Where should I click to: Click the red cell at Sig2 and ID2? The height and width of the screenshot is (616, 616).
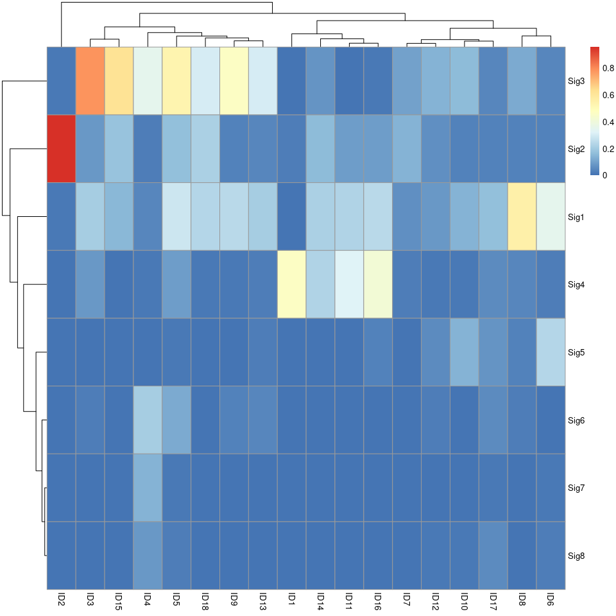click(61, 149)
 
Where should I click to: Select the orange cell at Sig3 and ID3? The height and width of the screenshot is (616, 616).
click(90, 81)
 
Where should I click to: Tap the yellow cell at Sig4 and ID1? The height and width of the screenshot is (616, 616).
click(291, 284)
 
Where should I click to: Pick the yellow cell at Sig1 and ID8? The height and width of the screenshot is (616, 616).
click(522, 217)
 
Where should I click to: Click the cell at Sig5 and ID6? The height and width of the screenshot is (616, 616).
click(551, 352)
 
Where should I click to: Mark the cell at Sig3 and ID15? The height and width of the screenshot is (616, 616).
click(119, 81)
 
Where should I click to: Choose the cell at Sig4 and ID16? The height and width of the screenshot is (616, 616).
click(378, 284)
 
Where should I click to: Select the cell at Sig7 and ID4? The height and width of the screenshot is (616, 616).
click(148, 488)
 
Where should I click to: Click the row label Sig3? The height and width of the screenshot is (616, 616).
click(576, 81)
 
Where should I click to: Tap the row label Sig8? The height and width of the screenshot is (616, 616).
click(576, 556)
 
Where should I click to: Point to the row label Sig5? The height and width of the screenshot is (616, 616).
click(576, 353)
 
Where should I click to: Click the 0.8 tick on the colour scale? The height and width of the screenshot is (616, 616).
click(607, 68)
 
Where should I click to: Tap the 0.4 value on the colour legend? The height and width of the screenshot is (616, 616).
click(607, 121)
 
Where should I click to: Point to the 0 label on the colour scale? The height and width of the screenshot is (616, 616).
click(605, 175)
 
